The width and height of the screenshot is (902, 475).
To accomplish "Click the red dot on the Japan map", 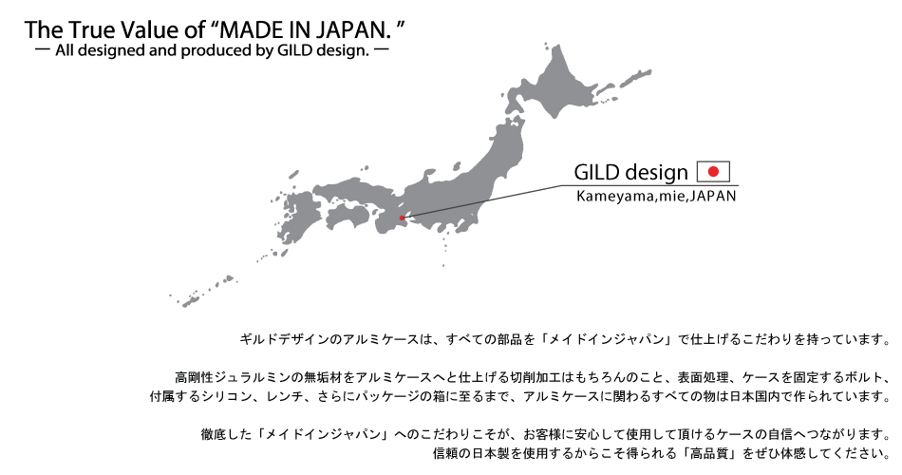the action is pyautogui.click(x=402, y=218).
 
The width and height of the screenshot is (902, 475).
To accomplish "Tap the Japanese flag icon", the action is pyautogui.click(x=713, y=172).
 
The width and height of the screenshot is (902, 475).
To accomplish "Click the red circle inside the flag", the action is pyautogui.click(x=713, y=172).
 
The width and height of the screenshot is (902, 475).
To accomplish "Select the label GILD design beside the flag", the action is pyautogui.click(x=630, y=172).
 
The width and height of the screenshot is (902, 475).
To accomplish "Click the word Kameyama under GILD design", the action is pyautogui.click(x=615, y=197).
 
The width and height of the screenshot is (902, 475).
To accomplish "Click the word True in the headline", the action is pyautogui.click(x=92, y=30).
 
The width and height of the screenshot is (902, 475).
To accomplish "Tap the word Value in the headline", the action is pyautogui.click(x=152, y=30).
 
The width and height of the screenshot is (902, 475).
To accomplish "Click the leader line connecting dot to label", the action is pyautogui.click(x=481, y=201).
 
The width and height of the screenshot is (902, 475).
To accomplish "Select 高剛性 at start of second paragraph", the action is pyautogui.click(x=194, y=378).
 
